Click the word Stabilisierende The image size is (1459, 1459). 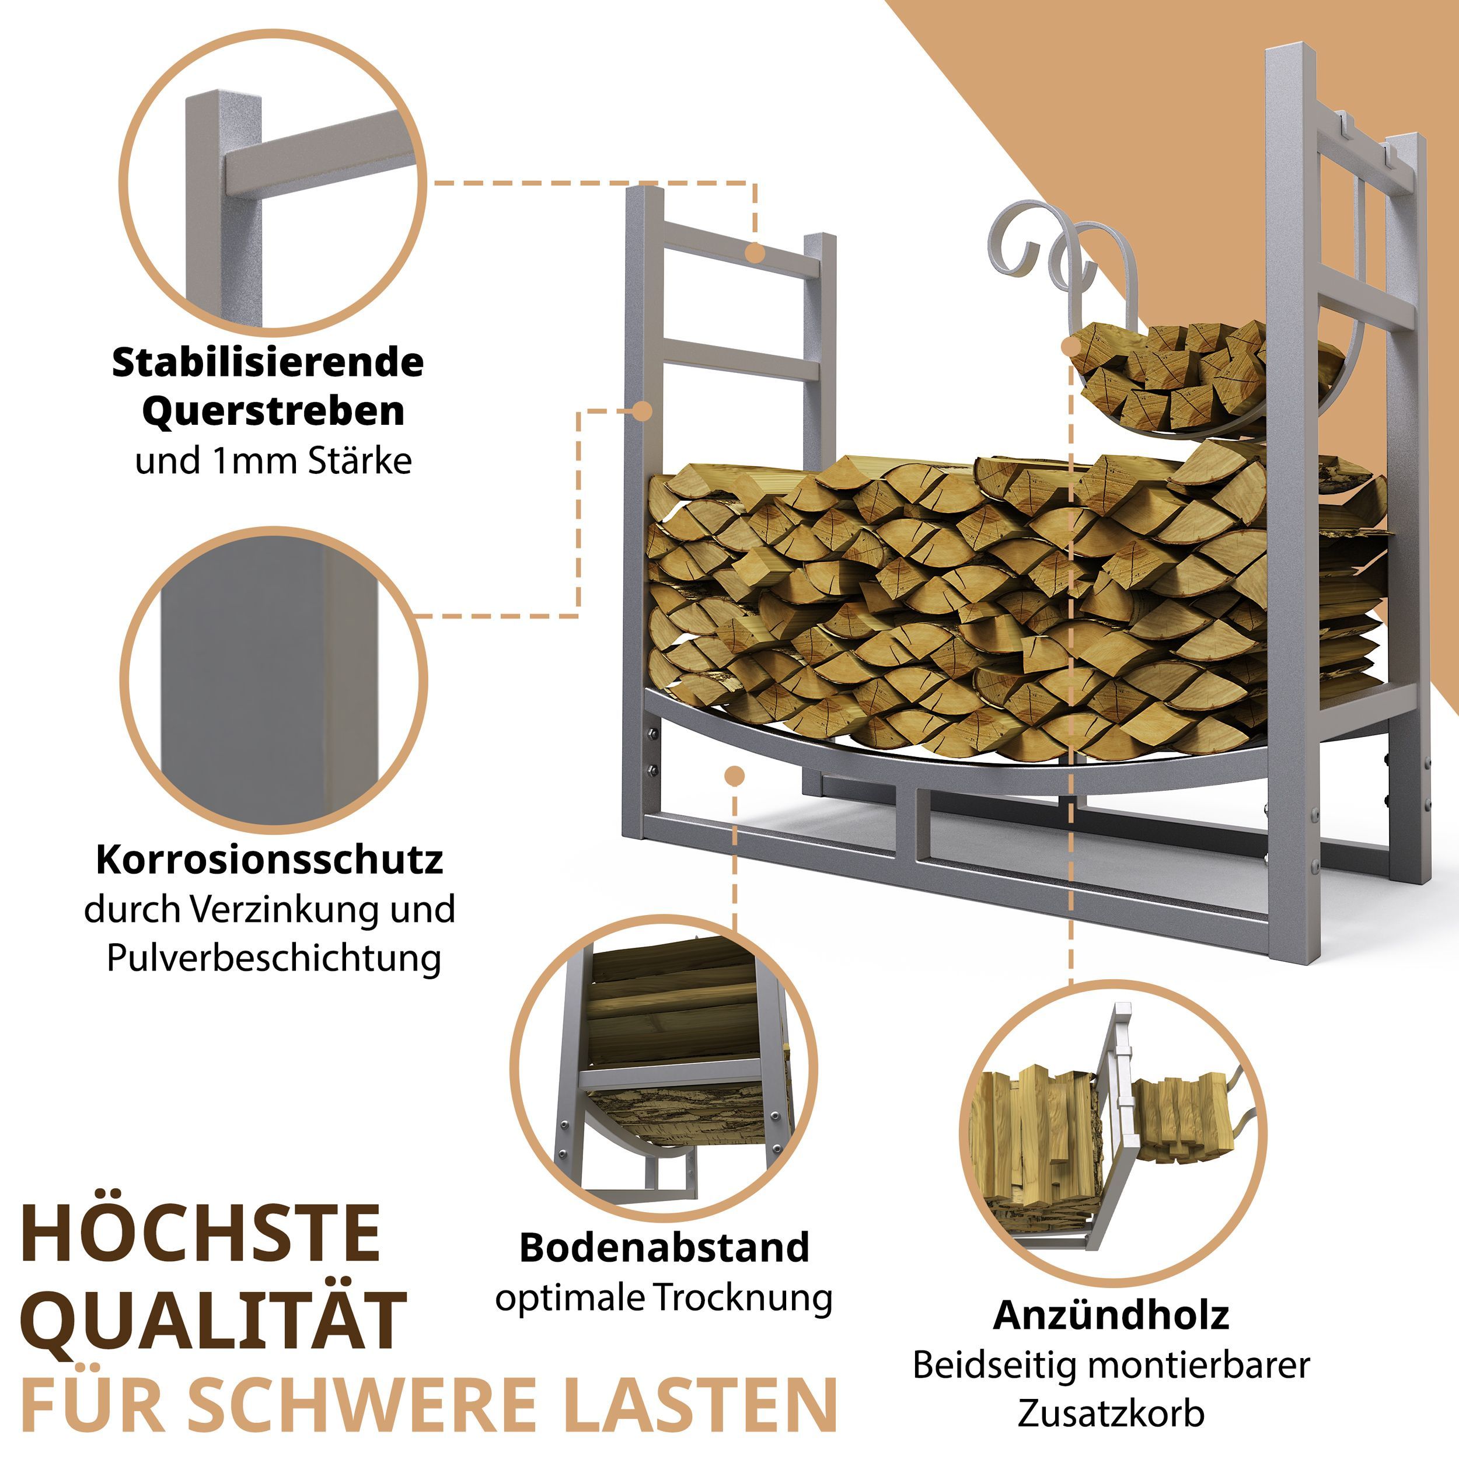click(x=267, y=362)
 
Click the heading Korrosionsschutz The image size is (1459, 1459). click(x=269, y=860)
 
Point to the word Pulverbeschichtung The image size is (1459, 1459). click(x=273, y=958)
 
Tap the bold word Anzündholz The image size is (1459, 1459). click(x=1111, y=1315)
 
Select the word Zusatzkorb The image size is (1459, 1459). click(x=1110, y=1413)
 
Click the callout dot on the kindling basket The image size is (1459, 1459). click(x=1071, y=347)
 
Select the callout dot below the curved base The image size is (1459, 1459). click(x=734, y=776)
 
